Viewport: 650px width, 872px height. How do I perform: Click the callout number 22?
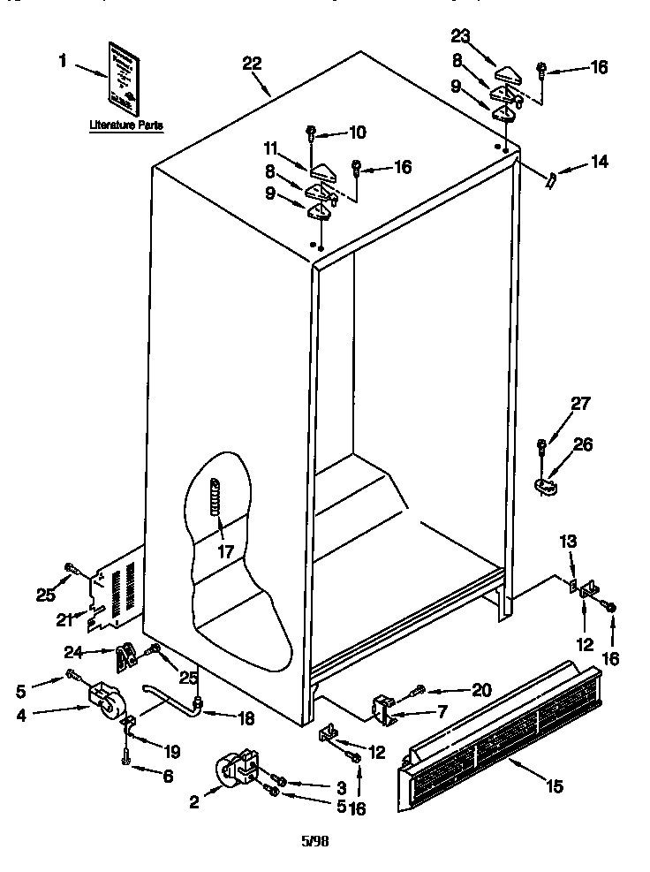point(252,63)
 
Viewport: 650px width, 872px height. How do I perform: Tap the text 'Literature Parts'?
point(126,126)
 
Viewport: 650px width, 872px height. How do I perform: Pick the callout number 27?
point(578,406)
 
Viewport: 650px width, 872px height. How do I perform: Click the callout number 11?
point(271,148)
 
